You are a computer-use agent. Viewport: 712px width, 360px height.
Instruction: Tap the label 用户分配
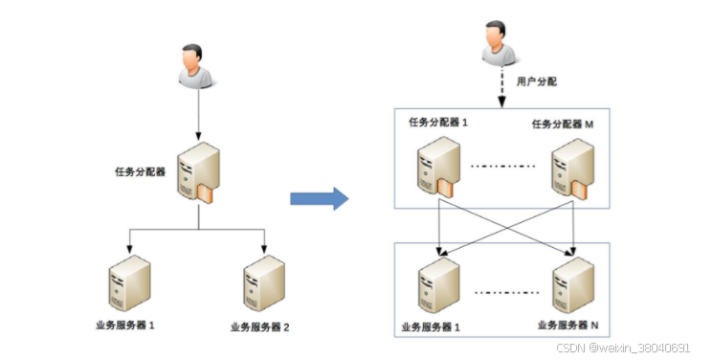536,83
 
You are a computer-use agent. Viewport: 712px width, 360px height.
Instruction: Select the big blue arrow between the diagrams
319,199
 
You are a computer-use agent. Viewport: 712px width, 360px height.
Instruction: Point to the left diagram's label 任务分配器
140,173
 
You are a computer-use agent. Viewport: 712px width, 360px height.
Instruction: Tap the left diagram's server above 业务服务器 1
129,281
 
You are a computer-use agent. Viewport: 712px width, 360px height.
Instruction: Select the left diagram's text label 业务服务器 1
125,326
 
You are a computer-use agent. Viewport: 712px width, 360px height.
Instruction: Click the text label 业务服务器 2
259,326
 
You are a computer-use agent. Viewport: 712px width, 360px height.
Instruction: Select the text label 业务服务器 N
567,326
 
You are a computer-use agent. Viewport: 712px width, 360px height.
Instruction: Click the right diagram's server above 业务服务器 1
435,283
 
